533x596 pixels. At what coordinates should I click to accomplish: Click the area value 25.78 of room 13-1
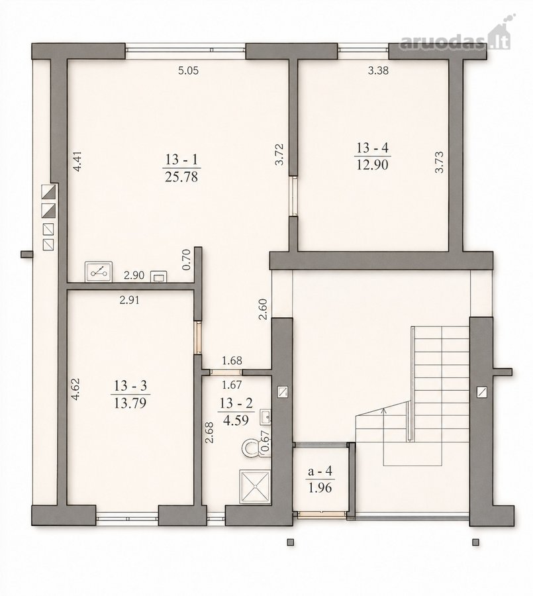click(181, 177)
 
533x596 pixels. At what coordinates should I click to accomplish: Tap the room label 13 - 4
click(373, 148)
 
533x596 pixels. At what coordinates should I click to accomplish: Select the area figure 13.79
click(130, 403)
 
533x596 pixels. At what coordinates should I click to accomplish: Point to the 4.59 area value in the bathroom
click(236, 421)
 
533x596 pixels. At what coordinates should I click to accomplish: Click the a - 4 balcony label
click(320, 472)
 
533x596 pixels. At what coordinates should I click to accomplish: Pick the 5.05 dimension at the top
click(189, 70)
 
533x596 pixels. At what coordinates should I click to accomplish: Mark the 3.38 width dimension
click(378, 70)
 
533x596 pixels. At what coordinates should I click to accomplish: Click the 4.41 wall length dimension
click(77, 162)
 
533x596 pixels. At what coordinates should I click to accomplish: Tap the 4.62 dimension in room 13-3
click(76, 389)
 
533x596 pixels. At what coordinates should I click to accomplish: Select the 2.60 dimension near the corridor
click(263, 309)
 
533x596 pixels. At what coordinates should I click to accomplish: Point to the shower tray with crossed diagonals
click(255, 486)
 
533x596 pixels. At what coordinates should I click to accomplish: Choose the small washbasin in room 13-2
click(266, 417)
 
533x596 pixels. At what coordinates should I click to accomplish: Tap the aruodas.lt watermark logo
click(455, 36)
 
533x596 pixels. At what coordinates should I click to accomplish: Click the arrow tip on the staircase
click(384, 408)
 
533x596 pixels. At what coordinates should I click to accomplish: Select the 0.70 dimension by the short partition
click(186, 259)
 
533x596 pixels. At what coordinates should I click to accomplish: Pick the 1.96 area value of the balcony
click(320, 487)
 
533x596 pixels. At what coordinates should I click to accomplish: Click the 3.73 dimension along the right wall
click(440, 162)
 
